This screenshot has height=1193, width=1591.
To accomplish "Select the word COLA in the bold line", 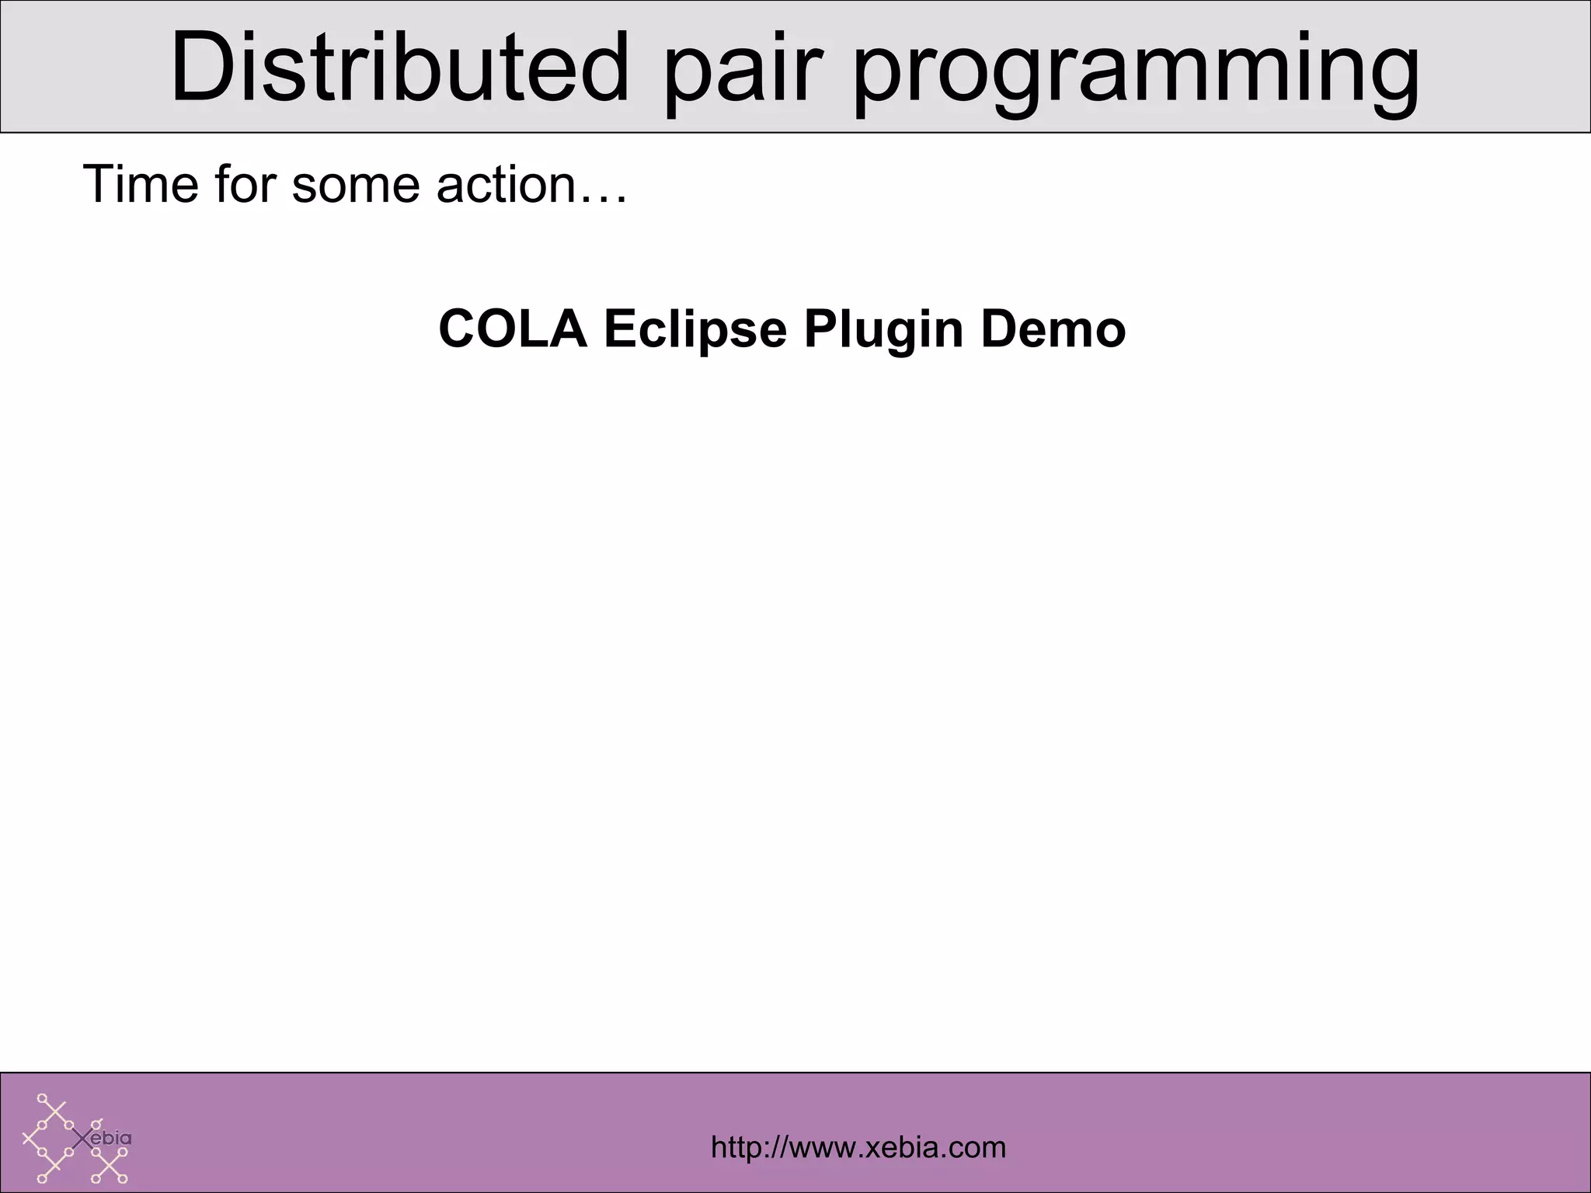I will (x=513, y=329).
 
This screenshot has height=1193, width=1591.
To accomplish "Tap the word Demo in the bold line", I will (x=1053, y=329).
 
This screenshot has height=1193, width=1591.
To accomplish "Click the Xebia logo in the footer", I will (x=76, y=1139).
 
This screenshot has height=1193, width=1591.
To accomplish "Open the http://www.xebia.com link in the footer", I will (x=858, y=1147).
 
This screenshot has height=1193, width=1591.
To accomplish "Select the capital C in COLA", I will (x=458, y=329).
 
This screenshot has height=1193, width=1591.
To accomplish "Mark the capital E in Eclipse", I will (x=619, y=329).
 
